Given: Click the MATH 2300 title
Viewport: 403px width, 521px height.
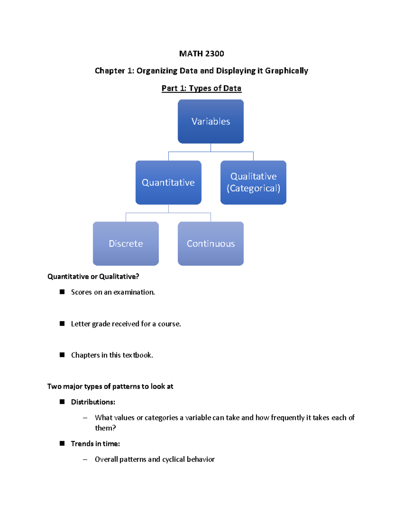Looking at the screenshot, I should coord(201,54).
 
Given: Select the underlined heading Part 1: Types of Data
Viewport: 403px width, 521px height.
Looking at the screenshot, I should coord(201,88).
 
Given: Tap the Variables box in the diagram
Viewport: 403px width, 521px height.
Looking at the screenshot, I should coord(211,121).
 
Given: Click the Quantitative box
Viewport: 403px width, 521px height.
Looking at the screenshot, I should coord(168,183).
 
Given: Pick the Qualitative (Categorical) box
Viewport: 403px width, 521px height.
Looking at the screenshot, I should coord(253,183).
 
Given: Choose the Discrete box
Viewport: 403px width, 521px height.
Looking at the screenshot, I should coord(126,244).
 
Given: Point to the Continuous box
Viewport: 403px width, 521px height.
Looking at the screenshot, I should coord(211,244).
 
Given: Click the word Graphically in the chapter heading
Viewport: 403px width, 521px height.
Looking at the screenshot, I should coord(286,71).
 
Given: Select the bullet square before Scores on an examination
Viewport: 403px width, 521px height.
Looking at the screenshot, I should coord(62,292).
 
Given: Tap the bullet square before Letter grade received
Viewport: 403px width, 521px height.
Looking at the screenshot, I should coord(62,323).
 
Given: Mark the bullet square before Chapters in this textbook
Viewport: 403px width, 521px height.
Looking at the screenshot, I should coord(62,355).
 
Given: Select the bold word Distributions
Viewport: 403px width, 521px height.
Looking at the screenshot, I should coord(93,402).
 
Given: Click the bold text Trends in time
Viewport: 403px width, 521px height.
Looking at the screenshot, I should coord(95,444).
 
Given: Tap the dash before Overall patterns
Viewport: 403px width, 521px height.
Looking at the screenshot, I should coord(85,459).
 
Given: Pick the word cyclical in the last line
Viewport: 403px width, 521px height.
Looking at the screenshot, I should coord(173,459).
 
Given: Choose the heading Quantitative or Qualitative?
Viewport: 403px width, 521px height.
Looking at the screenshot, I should coord(93,276).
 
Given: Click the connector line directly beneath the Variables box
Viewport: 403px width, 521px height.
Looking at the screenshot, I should coord(211,148).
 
